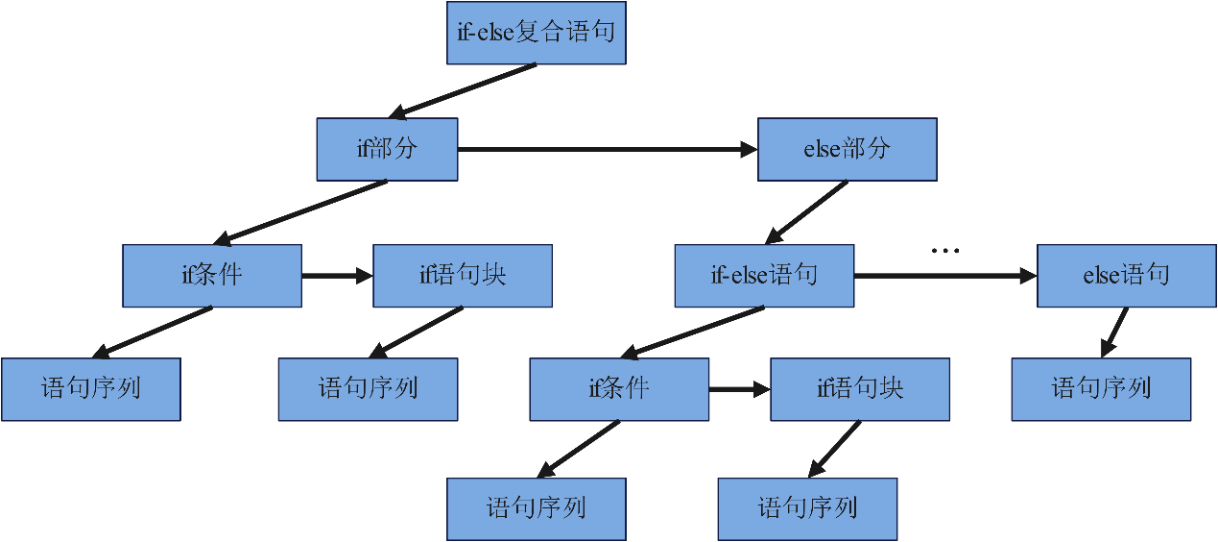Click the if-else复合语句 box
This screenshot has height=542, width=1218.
(537, 33)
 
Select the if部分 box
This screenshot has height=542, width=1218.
(387, 149)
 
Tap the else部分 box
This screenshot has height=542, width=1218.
(848, 149)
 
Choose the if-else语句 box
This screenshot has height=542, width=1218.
(765, 276)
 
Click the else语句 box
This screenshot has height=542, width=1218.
(1127, 276)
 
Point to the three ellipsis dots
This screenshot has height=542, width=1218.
(945, 251)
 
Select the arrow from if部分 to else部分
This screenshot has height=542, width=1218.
(608, 149)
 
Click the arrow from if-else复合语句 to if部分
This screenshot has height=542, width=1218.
(463, 91)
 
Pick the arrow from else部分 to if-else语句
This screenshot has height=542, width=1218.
(806, 212)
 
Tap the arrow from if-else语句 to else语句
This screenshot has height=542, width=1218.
(945, 276)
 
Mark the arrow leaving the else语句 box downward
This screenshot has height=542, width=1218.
(1114, 333)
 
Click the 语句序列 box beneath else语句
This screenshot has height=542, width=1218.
(1101, 389)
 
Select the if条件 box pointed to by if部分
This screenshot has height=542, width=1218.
(212, 276)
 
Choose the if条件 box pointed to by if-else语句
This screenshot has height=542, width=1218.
(619, 389)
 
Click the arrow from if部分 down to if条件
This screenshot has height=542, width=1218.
(300, 212)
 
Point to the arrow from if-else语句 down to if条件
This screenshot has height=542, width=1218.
(692, 333)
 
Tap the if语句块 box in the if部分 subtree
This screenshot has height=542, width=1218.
(463, 276)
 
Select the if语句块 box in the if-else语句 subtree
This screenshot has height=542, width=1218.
(860, 389)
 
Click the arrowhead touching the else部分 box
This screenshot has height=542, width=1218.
(750, 149)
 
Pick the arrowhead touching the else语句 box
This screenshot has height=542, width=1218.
(1029, 276)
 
